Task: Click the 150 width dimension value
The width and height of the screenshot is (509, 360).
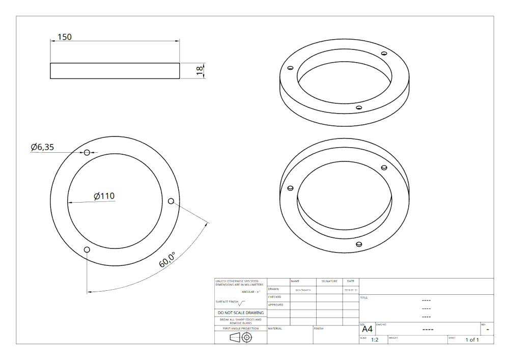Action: tap(65, 37)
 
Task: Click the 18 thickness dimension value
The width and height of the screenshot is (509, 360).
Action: tap(200, 71)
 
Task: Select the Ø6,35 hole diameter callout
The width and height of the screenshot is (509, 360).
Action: tap(42, 147)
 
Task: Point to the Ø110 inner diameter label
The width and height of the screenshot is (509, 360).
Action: tap(104, 196)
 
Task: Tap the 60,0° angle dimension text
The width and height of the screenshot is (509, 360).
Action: tap(167, 260)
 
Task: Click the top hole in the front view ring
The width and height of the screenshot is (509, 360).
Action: tap(87, 152)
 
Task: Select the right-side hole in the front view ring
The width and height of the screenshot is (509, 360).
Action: tap(171, 201)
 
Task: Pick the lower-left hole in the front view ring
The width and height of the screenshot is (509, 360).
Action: tap(87, 249)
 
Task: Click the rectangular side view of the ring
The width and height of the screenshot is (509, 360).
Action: tap(115, 71)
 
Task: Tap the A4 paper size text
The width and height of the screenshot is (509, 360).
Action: tap(366, 329)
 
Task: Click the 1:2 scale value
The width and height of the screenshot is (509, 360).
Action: tap(375, 340)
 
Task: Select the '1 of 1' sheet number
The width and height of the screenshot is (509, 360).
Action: tap(472, 340)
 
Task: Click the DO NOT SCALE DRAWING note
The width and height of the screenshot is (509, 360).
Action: tap(241, 313)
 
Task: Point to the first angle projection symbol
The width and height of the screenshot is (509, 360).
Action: tap(241, 338)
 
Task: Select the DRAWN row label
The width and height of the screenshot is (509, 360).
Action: tap(274, 289)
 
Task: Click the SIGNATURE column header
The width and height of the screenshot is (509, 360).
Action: tap(329, 281)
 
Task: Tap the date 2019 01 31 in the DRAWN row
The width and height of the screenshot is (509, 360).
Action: tap(351, 290)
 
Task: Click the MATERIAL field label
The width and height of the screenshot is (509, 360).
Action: tap(275, 328)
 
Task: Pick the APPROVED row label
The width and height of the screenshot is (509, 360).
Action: tap(275, 305)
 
